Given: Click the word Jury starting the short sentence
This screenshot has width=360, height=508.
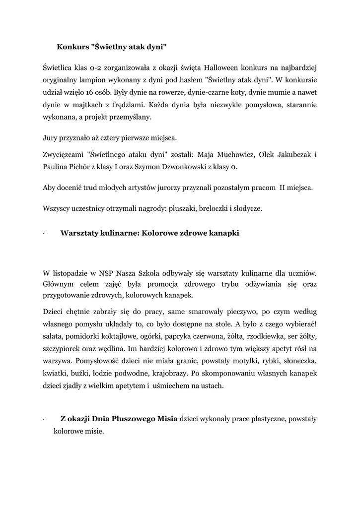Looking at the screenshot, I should coord(51,137).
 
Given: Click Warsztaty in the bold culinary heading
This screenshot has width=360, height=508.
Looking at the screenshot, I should coord(82,233).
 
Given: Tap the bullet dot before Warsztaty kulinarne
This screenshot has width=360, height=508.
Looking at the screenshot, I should coord(44,234).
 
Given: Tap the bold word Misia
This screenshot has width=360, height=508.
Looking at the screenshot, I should coord(166,419).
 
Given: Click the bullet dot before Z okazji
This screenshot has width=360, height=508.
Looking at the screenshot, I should coord(44,420).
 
